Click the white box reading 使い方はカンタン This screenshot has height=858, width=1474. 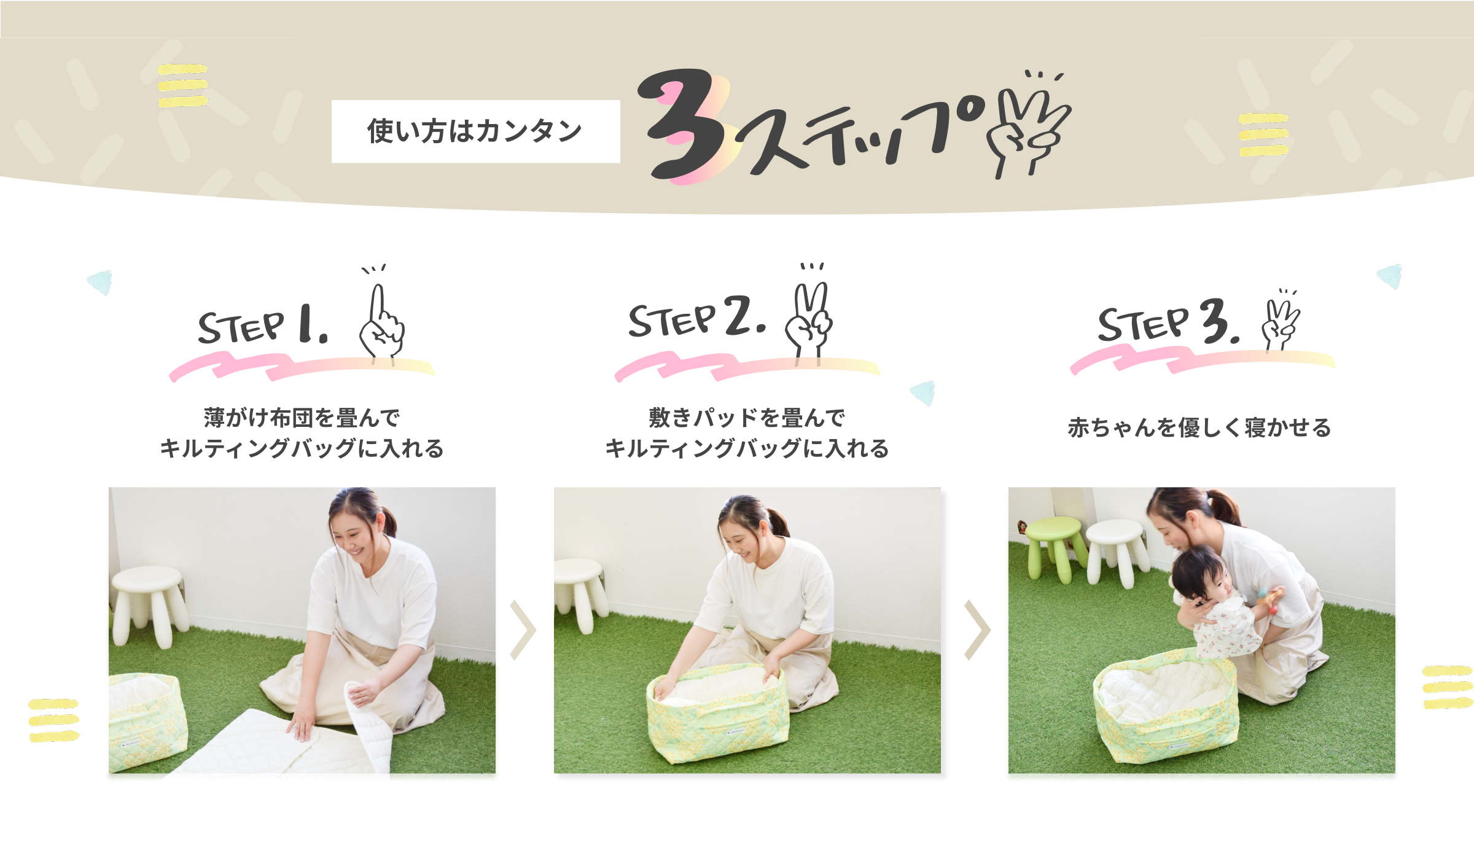click(475, 131)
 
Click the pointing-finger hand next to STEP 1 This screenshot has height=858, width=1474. click(381, 319)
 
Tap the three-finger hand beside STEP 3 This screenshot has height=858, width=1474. click(1280, 319)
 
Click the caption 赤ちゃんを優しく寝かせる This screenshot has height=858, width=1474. click(1199, 427)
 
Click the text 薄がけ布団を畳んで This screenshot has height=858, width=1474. click(302, 418)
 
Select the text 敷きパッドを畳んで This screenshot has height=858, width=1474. click(747, 418)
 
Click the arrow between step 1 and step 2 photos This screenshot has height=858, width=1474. click(524, 630)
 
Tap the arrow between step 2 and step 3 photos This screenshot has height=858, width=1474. click(978, 630)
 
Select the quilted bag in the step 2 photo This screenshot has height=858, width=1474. click(717, 712)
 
